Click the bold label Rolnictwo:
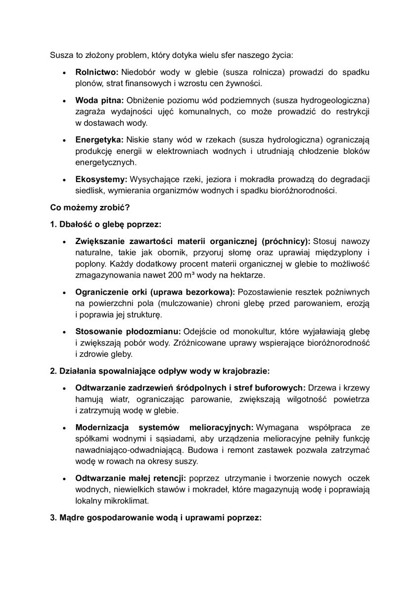coord(97,72)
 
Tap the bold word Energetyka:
coord(99,140)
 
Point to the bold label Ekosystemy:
coord(101,179)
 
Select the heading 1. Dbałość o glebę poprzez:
coord(105,224)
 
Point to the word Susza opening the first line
coord(61,54)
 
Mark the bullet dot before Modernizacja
coord(64,428)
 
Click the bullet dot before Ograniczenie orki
coord(64,293)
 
